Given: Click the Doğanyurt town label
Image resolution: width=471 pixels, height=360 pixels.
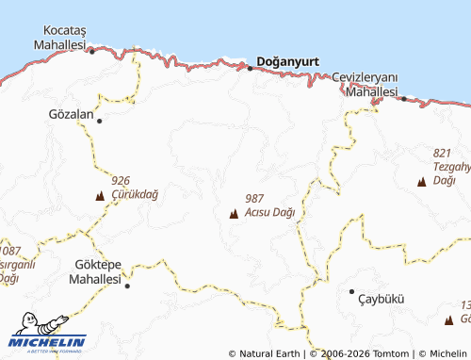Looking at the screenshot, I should pyautogui.click(x=287, y=60).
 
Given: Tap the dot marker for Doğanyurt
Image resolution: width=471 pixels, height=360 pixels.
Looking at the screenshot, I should pyautogui.click(x=250, y=68).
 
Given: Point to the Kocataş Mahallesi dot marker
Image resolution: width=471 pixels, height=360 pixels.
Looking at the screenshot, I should pyautogui.click(x=91, y=51).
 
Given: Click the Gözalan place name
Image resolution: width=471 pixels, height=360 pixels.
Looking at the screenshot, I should pyautogui.click(x=71, y=114).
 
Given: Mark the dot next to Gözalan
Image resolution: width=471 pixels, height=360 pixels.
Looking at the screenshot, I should pyautogui.click(x=99, y=121).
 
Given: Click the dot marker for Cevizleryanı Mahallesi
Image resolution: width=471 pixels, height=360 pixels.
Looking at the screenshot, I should pyautogui.click(x=404, y=98).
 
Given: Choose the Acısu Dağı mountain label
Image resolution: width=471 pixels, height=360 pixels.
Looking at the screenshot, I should pyautogui.click(x=269, y=212).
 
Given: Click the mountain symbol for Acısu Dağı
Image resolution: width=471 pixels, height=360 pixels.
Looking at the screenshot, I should pyautogui.click(x=233, y=213).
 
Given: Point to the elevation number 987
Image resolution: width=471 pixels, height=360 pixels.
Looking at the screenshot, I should pyautogui.click(x=253, y=199).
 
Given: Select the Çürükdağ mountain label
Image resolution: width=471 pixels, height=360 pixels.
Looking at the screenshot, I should pyautogui.click(x=134, y=193).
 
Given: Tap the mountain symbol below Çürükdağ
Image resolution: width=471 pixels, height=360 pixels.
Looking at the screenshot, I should pyautogui.click(x=99, y=196).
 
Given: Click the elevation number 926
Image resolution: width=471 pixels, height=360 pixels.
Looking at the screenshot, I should pyautogui.click(x=120, y=180).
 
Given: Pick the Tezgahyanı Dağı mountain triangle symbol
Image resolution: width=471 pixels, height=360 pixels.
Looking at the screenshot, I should pyautogui.click(x=421, y=181).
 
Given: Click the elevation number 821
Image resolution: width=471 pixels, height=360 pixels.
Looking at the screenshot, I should pyautogui.click(x=443, y=153).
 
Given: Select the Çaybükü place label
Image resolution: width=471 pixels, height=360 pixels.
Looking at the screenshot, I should pyautogui.click(x=381, y=299).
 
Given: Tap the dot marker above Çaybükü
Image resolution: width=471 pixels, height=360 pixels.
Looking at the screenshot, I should pyautogui.click(x=351, y=291).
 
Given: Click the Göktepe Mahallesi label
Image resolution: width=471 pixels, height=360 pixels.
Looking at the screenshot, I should pyautogui.click(x=97, y=272).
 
